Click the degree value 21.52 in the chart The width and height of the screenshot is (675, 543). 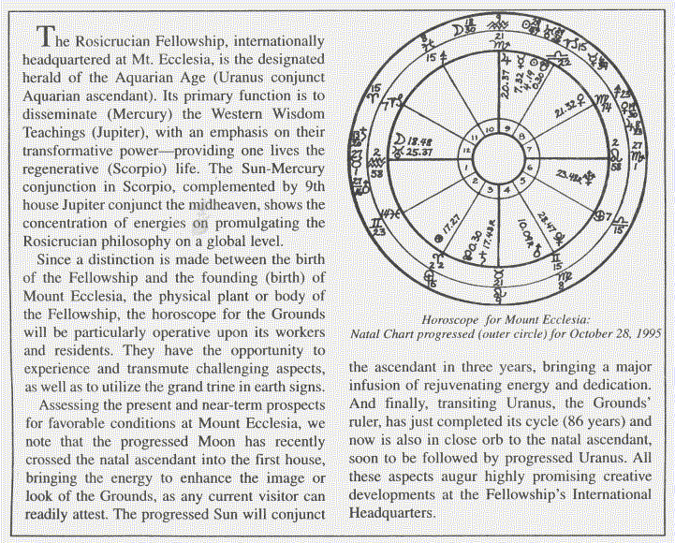566,110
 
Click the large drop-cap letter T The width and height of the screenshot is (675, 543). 41,37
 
